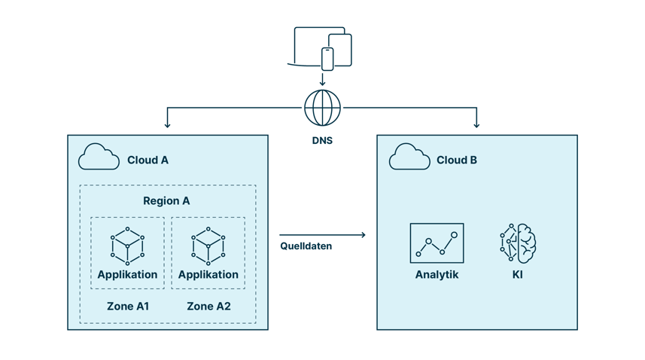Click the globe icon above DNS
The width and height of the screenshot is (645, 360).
(x=322, y=108)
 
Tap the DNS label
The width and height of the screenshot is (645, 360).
(x=322, y=141)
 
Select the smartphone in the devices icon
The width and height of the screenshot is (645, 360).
(x=327, y=59)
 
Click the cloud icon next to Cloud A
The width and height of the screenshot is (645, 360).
(x=99, y=157)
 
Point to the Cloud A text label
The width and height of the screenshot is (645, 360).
(x=148, y=160)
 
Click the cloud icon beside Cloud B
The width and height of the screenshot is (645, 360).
(x=409, y=157)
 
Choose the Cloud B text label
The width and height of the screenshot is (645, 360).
(x=457, y=160)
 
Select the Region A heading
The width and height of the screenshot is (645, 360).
(x=166, y=201)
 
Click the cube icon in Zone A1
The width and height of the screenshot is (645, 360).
(x=127, y=246)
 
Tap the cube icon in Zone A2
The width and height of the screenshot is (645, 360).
(x=208, y=246)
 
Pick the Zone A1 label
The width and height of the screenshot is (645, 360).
(x=127, y=307)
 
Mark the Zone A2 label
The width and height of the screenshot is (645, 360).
(x=208, y=307)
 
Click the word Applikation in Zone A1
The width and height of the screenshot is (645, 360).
(x=127, y=275)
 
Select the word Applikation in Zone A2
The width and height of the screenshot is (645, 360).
(x=208, y=275)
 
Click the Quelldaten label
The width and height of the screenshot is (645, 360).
(x=306, y=246)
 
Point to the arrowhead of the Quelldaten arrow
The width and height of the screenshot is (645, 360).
(x=363, y=235)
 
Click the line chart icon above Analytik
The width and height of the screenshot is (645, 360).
(x=437, y=243)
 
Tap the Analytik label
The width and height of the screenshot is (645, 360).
(x=437, y=275)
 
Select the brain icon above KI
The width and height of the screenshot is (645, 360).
(x=518, y=243)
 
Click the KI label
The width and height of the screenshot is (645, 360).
(x=518, y=275)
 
